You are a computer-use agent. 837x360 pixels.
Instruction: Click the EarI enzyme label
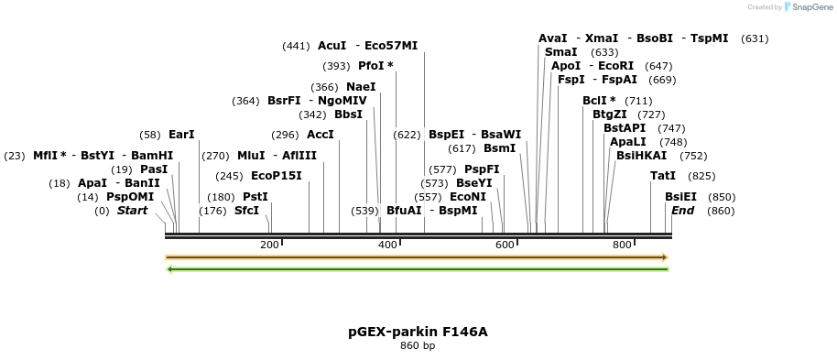(181, 135)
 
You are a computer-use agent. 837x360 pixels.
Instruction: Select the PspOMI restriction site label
(129, 197)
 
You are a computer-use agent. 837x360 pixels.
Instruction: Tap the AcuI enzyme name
(332, 45)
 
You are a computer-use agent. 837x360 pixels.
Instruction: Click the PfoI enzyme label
(371, 66)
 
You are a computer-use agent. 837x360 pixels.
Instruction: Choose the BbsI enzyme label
(349, 115)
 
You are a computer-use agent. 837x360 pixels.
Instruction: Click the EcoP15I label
(276, 176)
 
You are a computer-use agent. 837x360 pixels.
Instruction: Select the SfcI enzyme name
(246, 211)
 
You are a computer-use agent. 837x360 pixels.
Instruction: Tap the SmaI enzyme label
(560, 52)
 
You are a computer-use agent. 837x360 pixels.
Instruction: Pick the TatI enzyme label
(663, 176)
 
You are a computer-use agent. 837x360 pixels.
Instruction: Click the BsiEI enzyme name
(680, 197)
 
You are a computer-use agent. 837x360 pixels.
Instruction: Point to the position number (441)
(296, 45)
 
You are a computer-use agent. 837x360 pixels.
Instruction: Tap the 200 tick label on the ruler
(269, 245)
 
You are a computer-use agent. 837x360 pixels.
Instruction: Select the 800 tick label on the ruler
(622, 245)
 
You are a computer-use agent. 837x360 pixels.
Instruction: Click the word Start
(132, 211)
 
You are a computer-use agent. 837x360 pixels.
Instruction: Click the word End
(682, 211)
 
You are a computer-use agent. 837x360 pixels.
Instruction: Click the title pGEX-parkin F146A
(418, 331)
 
